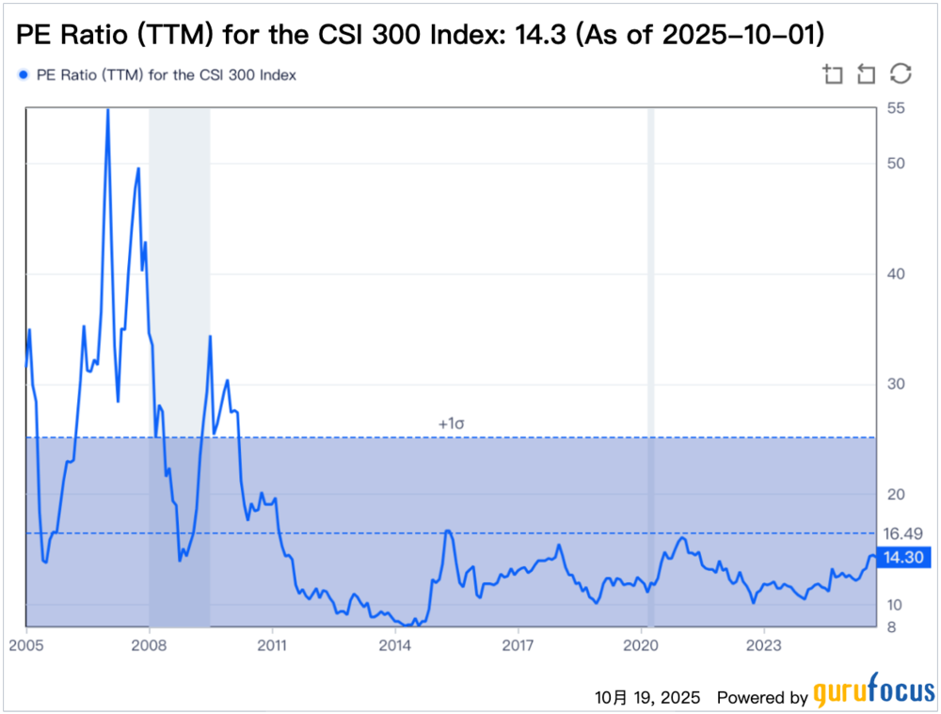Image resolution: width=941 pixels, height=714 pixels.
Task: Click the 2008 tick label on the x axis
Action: point(149,645)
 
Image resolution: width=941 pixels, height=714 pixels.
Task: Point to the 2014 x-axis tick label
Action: point(395,645)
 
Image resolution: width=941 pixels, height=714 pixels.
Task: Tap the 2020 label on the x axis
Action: point(640,645)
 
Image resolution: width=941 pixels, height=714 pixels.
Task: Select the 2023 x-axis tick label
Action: point(763,645)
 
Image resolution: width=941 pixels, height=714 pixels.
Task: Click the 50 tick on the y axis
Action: point(896,164)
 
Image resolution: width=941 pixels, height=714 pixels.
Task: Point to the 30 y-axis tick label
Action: point(896,384)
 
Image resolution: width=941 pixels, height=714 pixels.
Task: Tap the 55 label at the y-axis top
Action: point(896,109)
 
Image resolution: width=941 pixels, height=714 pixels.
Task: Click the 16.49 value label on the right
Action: point(901,532)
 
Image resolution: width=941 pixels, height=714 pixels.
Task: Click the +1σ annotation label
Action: point(452,424)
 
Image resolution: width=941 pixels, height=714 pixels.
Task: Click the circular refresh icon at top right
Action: point(901,74)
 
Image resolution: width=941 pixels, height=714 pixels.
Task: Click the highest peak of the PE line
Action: point(107,111)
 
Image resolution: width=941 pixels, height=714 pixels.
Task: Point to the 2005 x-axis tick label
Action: point(26,645)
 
